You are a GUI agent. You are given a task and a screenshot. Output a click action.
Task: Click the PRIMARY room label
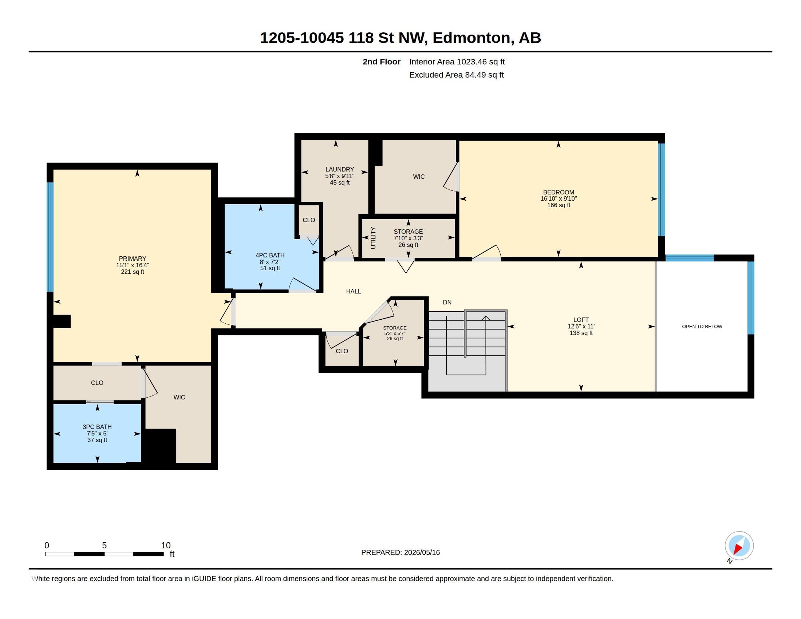(x=133, y=259)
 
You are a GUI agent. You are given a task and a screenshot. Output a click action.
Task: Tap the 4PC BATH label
(x=270, y=255)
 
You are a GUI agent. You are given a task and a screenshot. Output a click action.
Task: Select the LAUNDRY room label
(x=340, y=169)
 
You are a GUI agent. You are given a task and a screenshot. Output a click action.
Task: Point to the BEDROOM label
(x=559, y=192)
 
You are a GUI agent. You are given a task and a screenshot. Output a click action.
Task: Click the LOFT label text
(x=581, y=320)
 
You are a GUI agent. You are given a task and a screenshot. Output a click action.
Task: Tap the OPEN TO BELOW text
(x=702, y=326)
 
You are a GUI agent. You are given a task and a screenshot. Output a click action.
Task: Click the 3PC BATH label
(x=97, y=427)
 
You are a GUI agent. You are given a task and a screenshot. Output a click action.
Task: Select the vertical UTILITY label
(x=373, y=238)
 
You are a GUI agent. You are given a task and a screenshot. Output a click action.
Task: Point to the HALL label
(x=354, y=291)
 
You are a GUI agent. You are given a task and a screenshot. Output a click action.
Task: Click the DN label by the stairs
(x=447, y=302)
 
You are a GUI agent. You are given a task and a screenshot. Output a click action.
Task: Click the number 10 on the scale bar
(x=166, y=545)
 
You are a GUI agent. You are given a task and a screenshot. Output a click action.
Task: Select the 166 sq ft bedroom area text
(x=559, y=205)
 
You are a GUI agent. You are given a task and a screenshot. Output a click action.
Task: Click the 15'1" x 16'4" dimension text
(x=133, y=265)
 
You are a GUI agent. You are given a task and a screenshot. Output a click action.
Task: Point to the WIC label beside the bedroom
(x=419, y=177)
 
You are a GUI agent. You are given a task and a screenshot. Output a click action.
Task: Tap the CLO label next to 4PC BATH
(x=309, y=220)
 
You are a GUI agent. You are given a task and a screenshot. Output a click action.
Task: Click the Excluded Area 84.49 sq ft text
(x=456, y=75)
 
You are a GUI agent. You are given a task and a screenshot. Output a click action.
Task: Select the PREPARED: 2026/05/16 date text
(x=400, y=552)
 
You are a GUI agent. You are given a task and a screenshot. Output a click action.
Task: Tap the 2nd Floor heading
(x=382, y=62)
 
